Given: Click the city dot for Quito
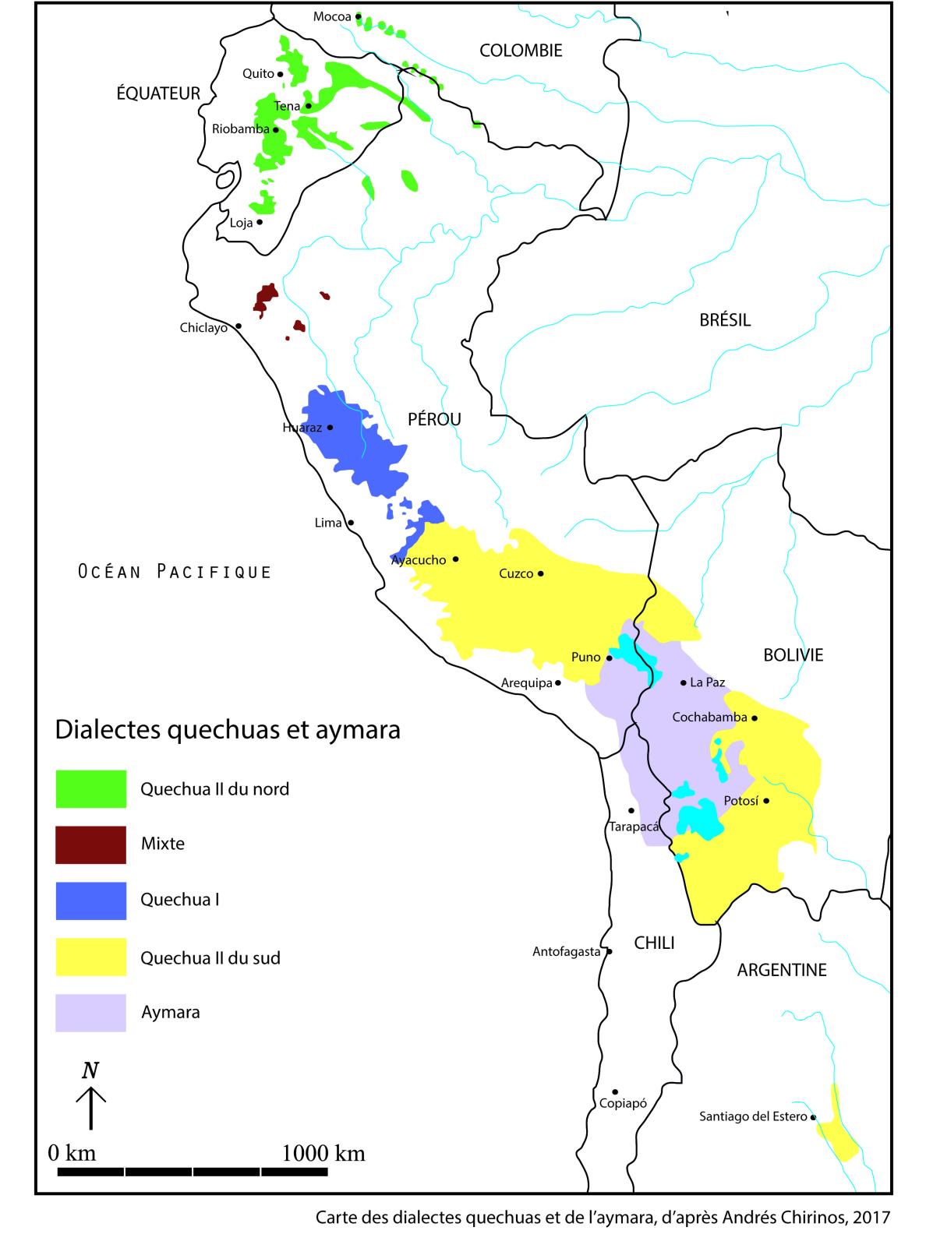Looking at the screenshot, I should [x=281, y=74].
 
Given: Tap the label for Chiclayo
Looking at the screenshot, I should [x=203, y=328].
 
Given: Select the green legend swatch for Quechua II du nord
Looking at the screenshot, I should [x=90, y=788].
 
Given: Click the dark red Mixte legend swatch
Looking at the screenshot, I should [x=90, y=844].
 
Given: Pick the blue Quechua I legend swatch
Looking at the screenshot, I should [x=90, y=901].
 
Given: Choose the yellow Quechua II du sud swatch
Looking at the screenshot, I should [x=90, y=957].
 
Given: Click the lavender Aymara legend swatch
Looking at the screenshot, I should [x=90, y=1013].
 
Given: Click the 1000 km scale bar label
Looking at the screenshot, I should [x=323, y=1152].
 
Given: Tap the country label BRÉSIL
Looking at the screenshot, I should [x=725, y=320].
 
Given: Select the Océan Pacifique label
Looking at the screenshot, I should [x=175, y=572].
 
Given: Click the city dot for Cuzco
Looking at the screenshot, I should [x=541, y=574].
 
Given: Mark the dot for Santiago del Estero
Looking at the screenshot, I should [x=814, y=1117].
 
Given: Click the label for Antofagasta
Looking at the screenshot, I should [x=567, y=951].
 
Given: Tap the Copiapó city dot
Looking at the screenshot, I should [x=615, y=1091].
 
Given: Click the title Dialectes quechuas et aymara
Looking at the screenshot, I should [x=227, y=731].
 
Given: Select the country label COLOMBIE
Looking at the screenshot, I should [x=521, y=51].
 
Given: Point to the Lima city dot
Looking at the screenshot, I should [x=351, y=523].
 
